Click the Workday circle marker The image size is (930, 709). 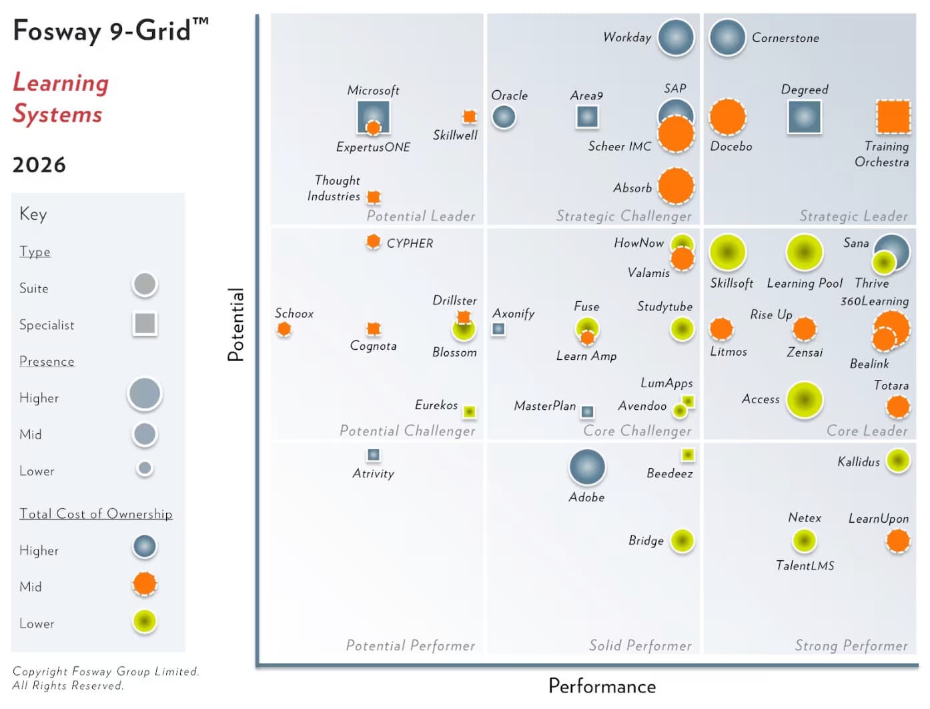676,37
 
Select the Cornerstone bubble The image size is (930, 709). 727,37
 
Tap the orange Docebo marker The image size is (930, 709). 727,117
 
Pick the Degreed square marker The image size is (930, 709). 804,117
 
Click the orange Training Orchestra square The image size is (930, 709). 893,117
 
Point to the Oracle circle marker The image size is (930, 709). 504,117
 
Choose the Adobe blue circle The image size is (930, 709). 587,467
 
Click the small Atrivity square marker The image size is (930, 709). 374,455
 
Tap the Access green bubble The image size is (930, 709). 804,400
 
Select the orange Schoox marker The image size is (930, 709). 284,328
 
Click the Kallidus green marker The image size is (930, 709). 898,461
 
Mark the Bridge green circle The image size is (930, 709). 682,541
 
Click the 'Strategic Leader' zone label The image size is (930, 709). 853,216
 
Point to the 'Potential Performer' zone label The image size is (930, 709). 410,646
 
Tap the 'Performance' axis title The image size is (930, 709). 602,686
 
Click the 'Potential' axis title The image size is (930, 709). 236,325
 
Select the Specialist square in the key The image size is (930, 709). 145,324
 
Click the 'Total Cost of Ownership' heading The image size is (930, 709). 96,513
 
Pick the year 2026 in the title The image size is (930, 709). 39,165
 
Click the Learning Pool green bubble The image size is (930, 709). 804,252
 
